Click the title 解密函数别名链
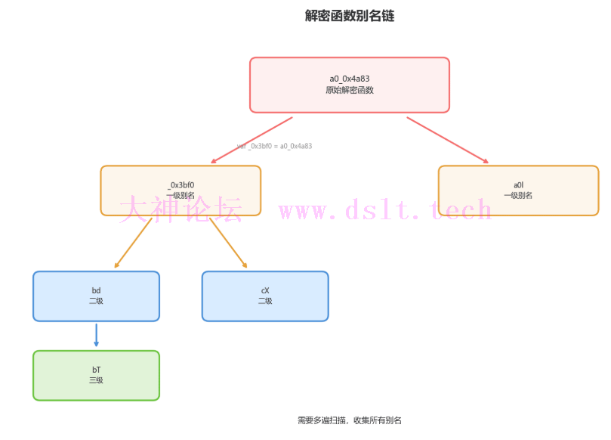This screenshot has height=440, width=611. tap(349, 16)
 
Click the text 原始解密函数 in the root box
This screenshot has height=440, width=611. tap(349, 90)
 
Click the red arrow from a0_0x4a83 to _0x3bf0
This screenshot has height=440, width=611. tap(251, 140)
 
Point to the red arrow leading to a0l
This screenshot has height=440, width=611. tap(448, 140)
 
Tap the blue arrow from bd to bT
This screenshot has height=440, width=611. tap(96, 335)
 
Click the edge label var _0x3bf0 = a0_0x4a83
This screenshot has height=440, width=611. tap(274, 146)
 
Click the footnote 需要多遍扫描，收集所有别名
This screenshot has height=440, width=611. tap(349, 420)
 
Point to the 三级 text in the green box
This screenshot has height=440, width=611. tap(96, 380)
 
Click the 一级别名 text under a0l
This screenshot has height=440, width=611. tap(518, 195)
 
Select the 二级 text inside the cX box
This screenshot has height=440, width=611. tap(265, 301)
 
